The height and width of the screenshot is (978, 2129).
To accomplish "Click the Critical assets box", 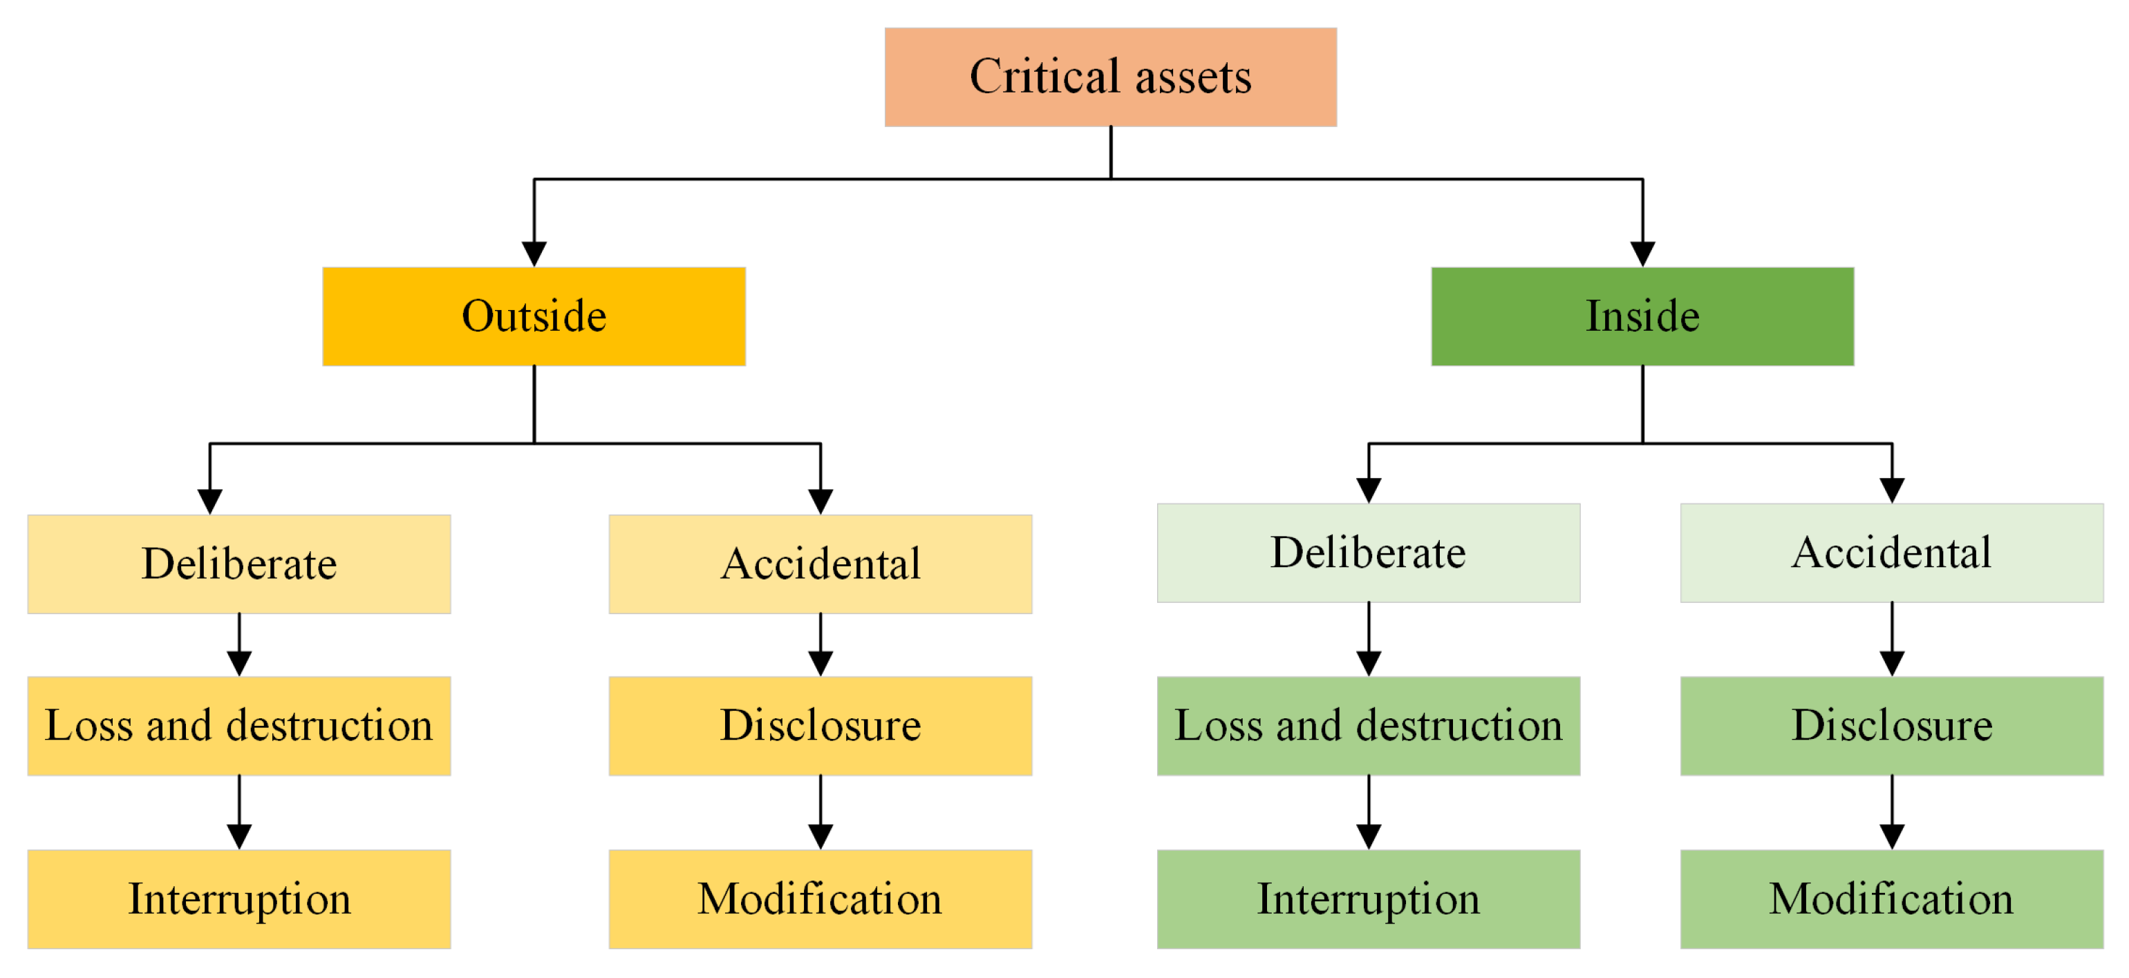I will (x=1110, y=77).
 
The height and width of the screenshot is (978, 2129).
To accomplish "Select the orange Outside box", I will (x=534, y=316).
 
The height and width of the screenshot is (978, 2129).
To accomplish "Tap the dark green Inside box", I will (x=1642, y=316).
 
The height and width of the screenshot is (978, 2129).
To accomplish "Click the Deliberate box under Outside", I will (x=239, y=564).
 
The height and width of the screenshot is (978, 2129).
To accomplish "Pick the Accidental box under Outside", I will (x=820, y=564).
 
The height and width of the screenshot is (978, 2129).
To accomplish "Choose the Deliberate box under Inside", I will (x=1368, y=552).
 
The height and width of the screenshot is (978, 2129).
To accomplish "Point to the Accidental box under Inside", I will (x=1891, y=552).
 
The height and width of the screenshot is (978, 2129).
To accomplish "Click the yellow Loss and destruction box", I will (x=239, y=725).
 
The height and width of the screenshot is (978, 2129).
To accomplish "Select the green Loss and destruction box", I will (x=1368, y=725).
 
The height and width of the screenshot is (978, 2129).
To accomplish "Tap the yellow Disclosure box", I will (x=820, y=725).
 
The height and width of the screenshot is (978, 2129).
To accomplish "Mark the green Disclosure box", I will (x=1891, y=725).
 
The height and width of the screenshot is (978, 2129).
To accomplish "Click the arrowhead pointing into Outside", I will (x=534, y=253).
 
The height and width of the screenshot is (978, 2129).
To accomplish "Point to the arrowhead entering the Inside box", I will (x=1642, y=253).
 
